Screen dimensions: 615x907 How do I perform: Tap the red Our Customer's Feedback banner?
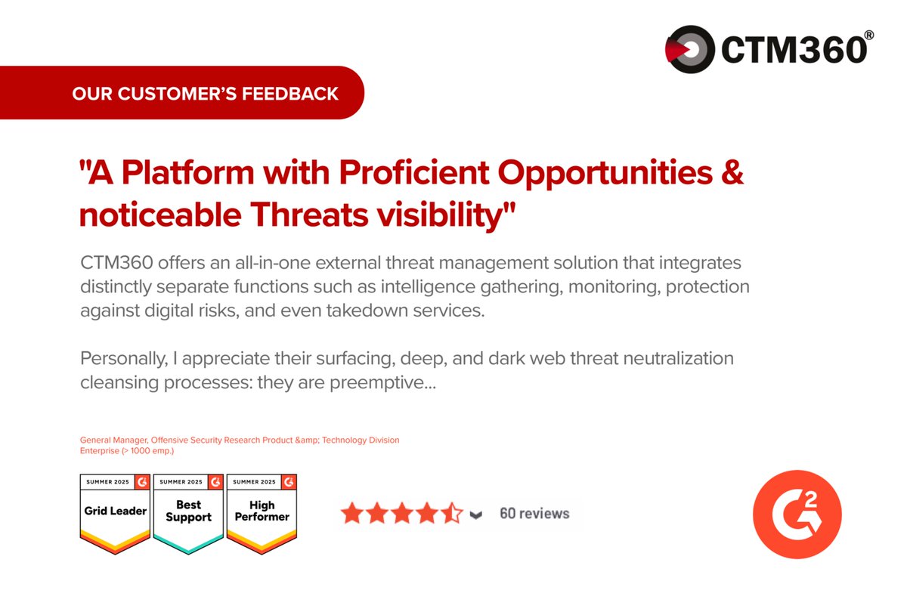pos(204,94)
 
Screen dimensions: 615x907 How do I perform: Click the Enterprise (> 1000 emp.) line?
pos(127,450)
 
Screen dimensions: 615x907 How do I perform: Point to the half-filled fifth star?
pos(451,514)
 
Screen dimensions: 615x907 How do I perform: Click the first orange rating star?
pos(352,514)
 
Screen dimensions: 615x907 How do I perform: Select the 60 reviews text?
pos(534,514)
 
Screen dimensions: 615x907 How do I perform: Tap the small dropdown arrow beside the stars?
pos(475,515)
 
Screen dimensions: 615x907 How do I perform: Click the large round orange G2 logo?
pos(797,515)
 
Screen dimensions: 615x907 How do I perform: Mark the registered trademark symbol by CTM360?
pos(869,34)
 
